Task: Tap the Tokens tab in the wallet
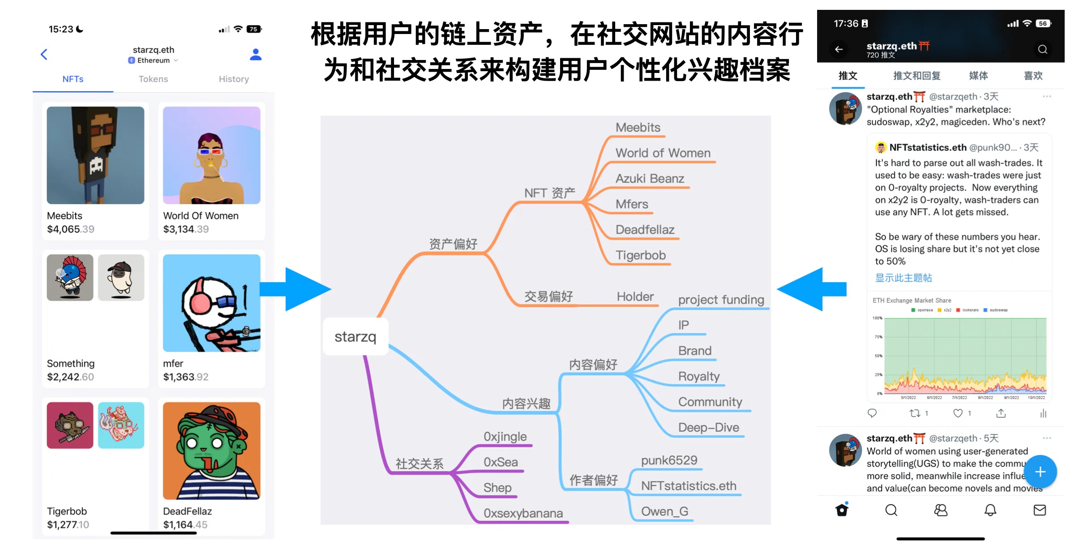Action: (x=153, y=79)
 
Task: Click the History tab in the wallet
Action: (x=234, y=79)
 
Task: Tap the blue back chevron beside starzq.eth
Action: (x=44, y=55)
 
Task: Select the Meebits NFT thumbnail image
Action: (x=95, y=155)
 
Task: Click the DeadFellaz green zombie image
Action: (x=211, y=450)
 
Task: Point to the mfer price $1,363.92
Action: (x=186, y=377)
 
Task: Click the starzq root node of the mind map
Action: (x=355, y=337)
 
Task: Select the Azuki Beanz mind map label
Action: (x=650, y=179)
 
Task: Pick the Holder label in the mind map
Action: (x=635, y=296)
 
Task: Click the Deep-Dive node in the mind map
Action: (x=708, y=428)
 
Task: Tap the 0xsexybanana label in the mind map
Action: (x=523, y=513)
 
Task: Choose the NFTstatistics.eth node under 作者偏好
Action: (x=689, y=486)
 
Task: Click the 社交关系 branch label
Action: (x=420, y=464)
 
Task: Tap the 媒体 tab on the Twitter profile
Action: (x=978, y=76)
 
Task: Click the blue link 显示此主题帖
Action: (x=903, y=278)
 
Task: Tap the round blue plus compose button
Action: (x=1040, y=472)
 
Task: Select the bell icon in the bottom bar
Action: (x=990, y=510)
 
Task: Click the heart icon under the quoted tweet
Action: (x=958, y=413)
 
